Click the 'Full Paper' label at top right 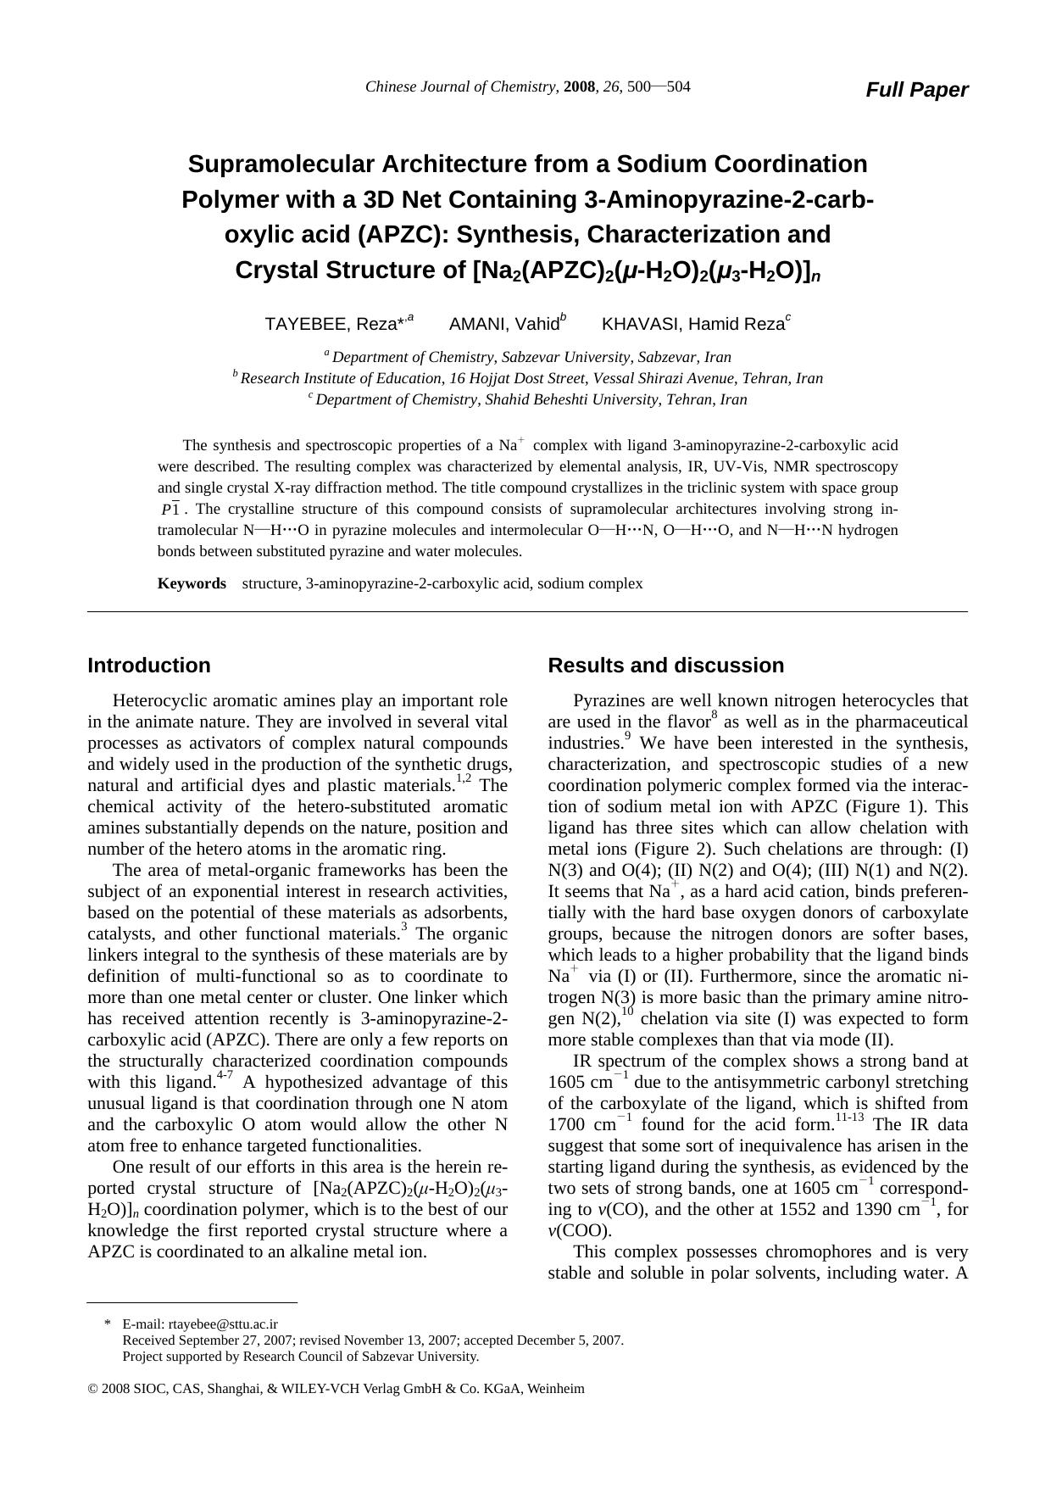click(x=916, y=90)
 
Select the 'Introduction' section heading click(x=149, y=666)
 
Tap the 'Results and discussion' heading click(x=666, y=666)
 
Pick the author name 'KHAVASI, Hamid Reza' click(x=692, y=324)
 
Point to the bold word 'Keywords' click(x=192, y=583)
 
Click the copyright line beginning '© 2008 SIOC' click(x=336, y=1389)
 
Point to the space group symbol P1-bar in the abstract click(x=170, y=510)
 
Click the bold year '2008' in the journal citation click(x=580, y=86)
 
